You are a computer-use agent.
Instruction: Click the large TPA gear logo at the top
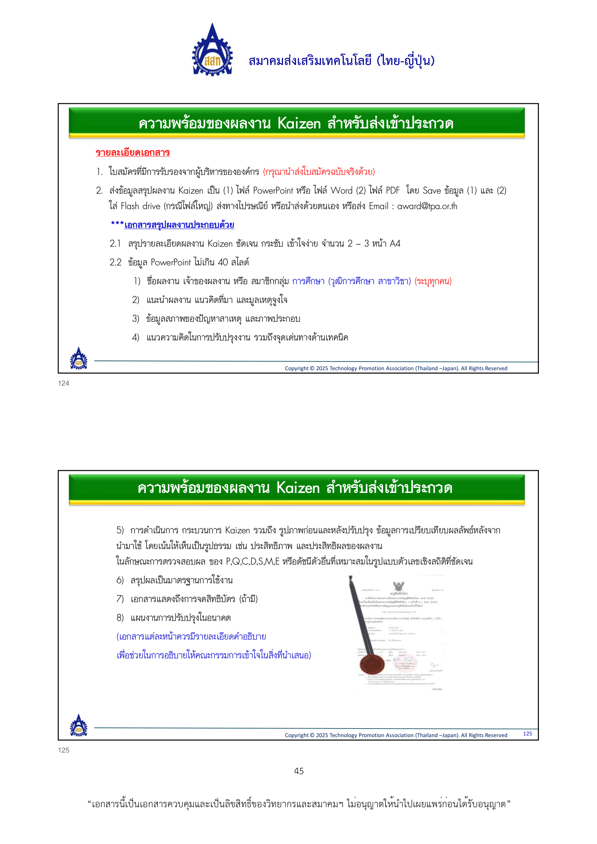[212, 51]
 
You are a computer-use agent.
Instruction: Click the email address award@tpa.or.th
[427, 206]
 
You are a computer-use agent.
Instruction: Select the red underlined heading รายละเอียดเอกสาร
[132, 153]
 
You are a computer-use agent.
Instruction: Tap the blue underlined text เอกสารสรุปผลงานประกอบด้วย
[179, 224]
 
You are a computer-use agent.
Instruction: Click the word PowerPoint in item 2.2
[171, 262]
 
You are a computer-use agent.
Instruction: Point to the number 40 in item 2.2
[223, 262]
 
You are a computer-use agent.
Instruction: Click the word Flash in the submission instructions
[130, 206]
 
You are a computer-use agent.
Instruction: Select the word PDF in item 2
[392, 191]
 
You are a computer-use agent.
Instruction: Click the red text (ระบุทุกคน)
[433, 281]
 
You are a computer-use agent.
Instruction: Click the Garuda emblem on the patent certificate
[398, 585]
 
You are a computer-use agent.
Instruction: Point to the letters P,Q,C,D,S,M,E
[252, 561]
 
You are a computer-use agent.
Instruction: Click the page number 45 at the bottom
[299, 771]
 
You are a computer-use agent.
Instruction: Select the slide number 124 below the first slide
[64, 384]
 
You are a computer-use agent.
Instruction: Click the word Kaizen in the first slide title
[299, 123]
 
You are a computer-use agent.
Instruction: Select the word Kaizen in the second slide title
[298, 488]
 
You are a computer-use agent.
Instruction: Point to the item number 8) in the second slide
[120, 617]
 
